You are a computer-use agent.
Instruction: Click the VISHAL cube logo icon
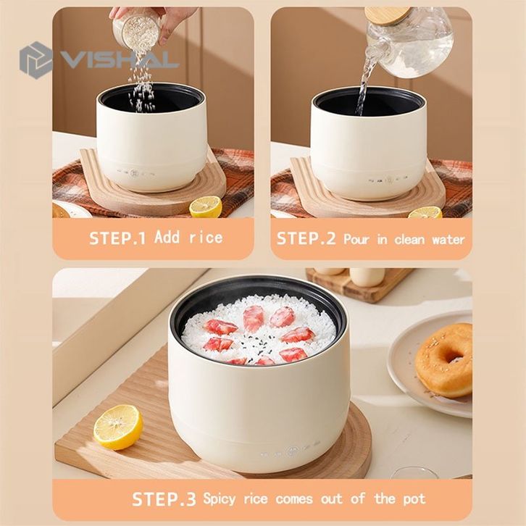pyautogui.click(x=35, y=60)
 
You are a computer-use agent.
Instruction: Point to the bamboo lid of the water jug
pyautogui.click(x=387, y=14)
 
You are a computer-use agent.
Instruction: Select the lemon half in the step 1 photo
pyautogui.click(x=206, y=206)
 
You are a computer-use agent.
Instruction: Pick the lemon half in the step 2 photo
pyautogui.click(x=425, y=213)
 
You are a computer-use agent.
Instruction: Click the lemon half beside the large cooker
pyautogui.click(x=118, y=427)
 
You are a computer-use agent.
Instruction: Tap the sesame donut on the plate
pyautogui.click(x=444, y=361)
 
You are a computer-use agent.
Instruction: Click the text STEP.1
pyautogui.click(x=117, y=238)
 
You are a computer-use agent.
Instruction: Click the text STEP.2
pyautogui.click(x=306, y=238)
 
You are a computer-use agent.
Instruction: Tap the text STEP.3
pyautogui.click(x=164, y=499)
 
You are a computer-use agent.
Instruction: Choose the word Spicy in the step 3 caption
pyautogui.click(x=219, y=499)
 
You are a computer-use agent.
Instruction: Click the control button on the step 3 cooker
pyautogui.click(x=293, y=451)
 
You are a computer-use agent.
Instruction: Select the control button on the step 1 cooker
pyautogui.click(x=135, y=174)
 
